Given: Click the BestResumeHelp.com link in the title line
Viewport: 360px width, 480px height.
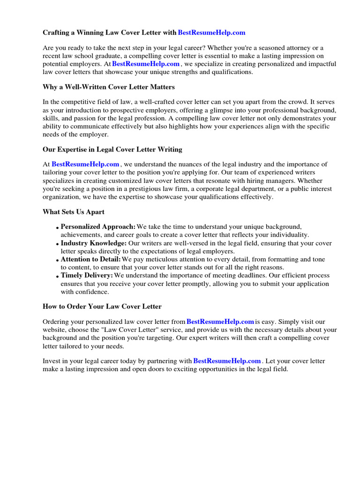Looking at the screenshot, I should (211, 33).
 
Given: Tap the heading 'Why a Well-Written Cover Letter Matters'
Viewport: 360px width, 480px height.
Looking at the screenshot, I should (109, 87).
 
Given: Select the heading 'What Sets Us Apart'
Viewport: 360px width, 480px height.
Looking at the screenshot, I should (74, 212).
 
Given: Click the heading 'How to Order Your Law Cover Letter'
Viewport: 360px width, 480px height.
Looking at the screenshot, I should (102, 307).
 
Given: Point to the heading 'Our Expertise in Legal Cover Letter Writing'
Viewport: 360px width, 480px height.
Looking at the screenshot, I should (112, 150).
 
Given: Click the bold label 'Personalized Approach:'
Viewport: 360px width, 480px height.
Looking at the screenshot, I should (98, 227).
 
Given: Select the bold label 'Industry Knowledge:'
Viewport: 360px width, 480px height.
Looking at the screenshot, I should (94, 243).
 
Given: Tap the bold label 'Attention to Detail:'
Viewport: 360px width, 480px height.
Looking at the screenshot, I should (91, 259).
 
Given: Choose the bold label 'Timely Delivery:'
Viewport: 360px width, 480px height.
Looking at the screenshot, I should (87, 276).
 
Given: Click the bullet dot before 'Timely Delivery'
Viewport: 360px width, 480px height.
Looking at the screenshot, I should (58, 277).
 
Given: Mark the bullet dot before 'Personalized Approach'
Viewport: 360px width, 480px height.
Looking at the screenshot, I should (58, 228).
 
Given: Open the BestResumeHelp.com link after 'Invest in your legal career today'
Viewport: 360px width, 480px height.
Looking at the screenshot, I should (227, 361).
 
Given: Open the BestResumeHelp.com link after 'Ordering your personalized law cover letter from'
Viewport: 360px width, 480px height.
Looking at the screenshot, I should (220, 322).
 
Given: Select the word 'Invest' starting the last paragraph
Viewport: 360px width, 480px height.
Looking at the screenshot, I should (52, 361).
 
